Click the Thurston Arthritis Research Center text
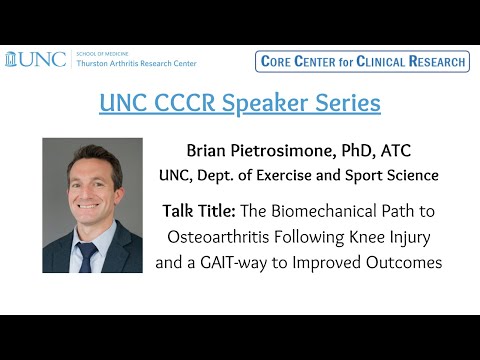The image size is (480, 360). tap(136, 63)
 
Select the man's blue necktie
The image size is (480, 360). tap(90, 256)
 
